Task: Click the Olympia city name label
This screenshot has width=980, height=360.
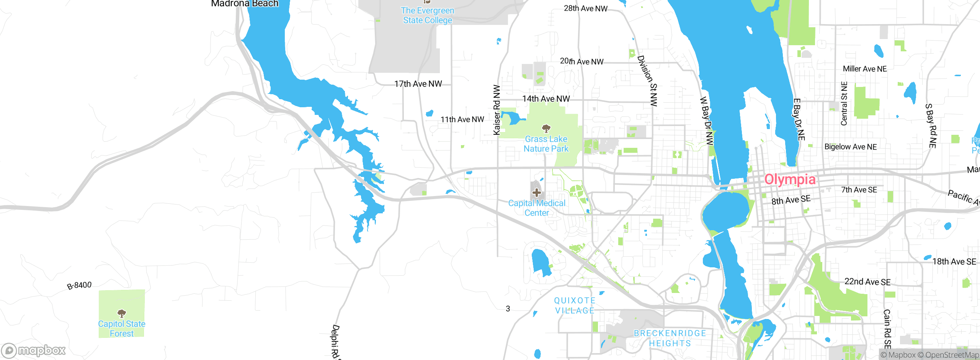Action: point(790,179)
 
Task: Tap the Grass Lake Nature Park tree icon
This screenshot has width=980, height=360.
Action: point(546,128)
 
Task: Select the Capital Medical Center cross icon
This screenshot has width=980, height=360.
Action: point(536,192)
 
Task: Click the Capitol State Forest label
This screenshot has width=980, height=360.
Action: point(122,329)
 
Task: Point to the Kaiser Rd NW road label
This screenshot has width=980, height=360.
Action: point(497,110)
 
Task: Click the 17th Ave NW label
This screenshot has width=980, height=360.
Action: point(418,84)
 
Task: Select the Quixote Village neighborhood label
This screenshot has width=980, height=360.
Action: point(575,306)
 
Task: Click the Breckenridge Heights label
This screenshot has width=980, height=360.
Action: point(670,338)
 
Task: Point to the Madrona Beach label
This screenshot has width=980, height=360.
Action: point(245,4)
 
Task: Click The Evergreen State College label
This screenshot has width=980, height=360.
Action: point(428,15)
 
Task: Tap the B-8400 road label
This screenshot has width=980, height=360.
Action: point(79,286)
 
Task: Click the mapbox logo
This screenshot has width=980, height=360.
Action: point(34,350)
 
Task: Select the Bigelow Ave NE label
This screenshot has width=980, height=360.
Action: point(850,147)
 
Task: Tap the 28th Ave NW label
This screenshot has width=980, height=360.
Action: point(585,8)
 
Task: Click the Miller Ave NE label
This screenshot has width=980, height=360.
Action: point(864,69)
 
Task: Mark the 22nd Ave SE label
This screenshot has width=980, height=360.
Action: point(867,282)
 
